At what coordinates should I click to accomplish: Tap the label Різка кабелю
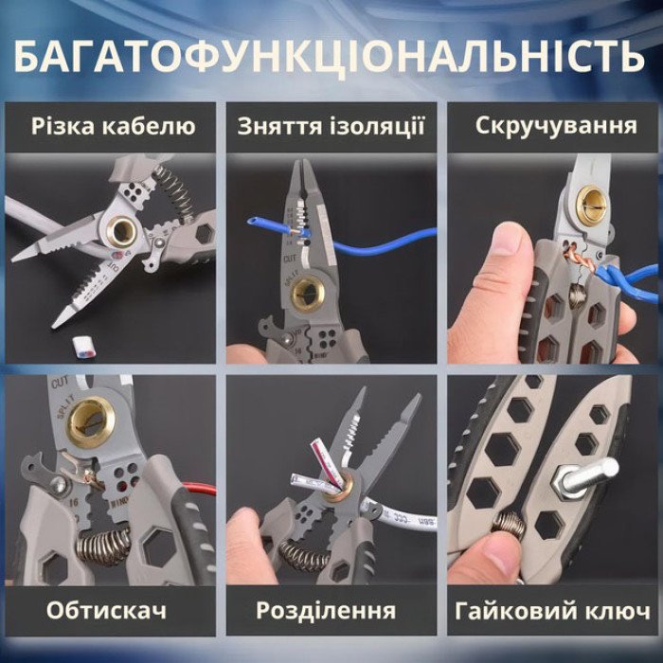tap(113, 127)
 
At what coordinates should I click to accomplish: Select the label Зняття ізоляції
tap(331, 127)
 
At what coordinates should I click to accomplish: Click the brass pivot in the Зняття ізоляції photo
tap(307, 293)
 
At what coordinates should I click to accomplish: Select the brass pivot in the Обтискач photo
tap(88, 417)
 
